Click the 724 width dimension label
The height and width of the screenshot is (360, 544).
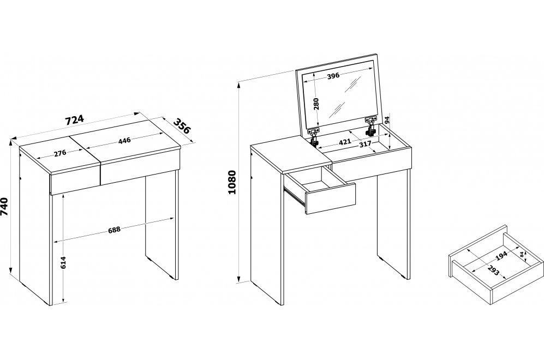[75, 119]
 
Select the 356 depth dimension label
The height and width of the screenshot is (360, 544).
[182, 126]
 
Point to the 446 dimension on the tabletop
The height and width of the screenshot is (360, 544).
[124, 141]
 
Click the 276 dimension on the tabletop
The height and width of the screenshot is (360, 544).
[60, 153]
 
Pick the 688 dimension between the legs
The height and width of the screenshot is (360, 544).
[114, 230]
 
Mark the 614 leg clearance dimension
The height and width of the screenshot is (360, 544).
[63, 262]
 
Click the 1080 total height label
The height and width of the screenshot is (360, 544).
[232, 182]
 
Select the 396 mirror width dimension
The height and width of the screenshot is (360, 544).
[333, 76]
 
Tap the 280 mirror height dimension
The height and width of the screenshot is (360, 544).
[316, 104]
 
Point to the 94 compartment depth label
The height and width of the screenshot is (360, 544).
[387, 121]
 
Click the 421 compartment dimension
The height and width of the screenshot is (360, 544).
[344, 141]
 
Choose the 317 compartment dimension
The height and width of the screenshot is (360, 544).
[365, 144]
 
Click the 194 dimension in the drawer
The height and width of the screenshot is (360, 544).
[501, 256]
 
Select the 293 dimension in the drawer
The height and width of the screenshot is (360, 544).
[493, 270]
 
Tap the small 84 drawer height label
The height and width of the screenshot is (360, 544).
[522, 254]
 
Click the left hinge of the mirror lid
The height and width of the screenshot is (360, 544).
[314, 137]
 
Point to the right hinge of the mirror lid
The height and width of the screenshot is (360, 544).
[371, 126]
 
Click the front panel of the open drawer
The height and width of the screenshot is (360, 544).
[331, 199]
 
